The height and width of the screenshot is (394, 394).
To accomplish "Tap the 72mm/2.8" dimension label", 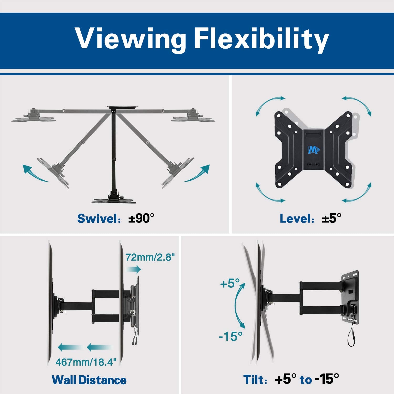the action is pyautogui.click(x=150, y=257).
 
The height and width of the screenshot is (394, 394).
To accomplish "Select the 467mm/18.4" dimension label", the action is pyautogui.click(x=86, y=362).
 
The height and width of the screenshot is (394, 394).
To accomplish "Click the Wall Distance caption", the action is pyautogui.click(x=89, y=380).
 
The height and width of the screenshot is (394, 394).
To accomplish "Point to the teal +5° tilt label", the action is pyautogui.click(x=230, y=284).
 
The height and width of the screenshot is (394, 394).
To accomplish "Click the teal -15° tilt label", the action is pyautogui.click(x=231, y=336).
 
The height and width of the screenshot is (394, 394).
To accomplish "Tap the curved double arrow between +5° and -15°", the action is pyautogui.click(x=237, y=306).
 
